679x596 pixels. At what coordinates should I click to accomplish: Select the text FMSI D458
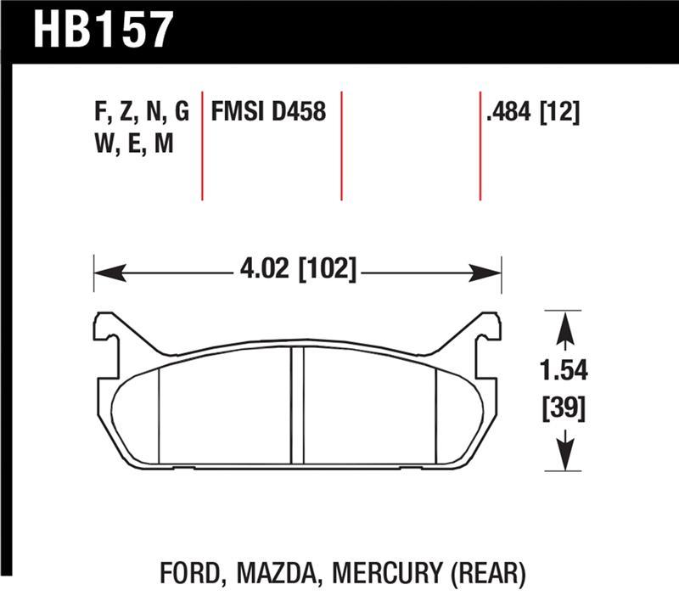(x=268, y=111)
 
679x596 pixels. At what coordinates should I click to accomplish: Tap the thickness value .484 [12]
(x=531, y=111)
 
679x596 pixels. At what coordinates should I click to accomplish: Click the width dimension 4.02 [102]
(x=298, y=273)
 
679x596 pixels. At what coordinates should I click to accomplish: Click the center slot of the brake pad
(x=298, y=405)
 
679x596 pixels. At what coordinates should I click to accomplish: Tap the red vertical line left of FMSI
(x=202, y=144)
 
